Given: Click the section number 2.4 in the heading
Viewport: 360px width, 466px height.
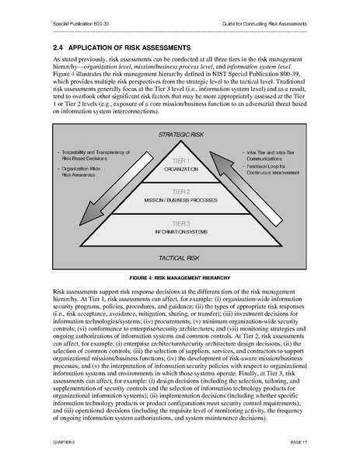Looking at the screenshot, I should click(x=59, y=47).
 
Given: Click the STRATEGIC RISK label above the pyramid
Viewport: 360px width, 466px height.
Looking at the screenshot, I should click(x=180, y=135).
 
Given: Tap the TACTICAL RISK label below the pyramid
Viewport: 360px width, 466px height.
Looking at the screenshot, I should click(x=180, y=257).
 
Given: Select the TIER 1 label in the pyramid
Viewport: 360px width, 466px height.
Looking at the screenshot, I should click(x=180, y=160).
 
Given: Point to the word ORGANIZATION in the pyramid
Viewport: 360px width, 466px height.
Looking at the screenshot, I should click(x=180, y=168).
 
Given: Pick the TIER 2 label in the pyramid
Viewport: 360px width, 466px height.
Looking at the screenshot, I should click(x=180, y=191).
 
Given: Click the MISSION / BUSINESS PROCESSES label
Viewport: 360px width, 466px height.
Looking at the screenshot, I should click(x=180, y=200).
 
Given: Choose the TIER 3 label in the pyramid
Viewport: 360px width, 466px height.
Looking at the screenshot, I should click(x=180, y=223).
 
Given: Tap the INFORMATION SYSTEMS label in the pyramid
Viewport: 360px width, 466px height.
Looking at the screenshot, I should click(x=180, y=231).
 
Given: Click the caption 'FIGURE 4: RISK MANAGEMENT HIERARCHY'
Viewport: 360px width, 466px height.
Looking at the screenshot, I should click(x=180, y=277).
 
